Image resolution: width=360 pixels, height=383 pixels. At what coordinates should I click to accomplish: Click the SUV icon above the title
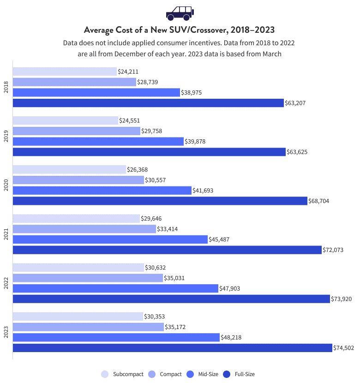180,13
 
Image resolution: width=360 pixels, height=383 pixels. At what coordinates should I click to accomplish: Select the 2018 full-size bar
148,103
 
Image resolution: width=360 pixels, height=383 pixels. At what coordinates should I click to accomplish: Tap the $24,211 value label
128,72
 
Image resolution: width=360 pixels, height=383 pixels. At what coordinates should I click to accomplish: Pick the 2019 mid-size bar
98,142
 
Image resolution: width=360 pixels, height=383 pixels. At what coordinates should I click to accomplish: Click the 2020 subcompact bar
69,169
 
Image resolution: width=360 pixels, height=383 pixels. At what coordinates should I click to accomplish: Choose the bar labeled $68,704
160,201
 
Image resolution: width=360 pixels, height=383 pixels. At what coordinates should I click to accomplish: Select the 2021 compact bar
84,229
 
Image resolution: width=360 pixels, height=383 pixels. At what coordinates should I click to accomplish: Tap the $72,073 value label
333,250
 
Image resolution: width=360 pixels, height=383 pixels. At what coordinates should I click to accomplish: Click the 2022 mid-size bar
115,288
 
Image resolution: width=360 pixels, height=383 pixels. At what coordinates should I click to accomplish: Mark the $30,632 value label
155,268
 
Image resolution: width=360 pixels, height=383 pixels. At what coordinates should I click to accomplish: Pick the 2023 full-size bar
172,348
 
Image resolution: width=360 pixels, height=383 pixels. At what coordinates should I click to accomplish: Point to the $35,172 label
175,327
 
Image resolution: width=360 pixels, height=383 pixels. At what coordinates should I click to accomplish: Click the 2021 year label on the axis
6,234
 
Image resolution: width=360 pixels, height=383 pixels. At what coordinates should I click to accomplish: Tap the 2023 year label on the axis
6,332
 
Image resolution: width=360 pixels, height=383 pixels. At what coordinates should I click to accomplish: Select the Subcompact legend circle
105,374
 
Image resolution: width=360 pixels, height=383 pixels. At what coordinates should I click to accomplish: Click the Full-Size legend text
244,374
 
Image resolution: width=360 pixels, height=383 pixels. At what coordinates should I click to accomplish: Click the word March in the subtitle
271,54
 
